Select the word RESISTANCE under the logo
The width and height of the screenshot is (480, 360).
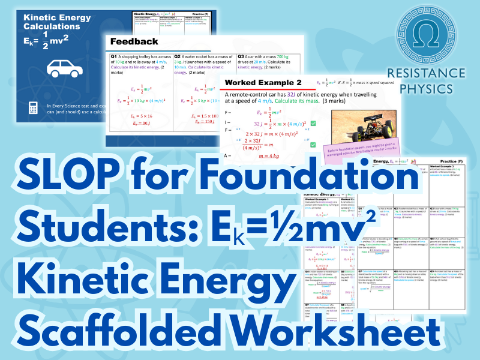(x=426, y=73)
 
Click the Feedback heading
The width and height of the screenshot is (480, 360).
(x=134, y=41)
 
